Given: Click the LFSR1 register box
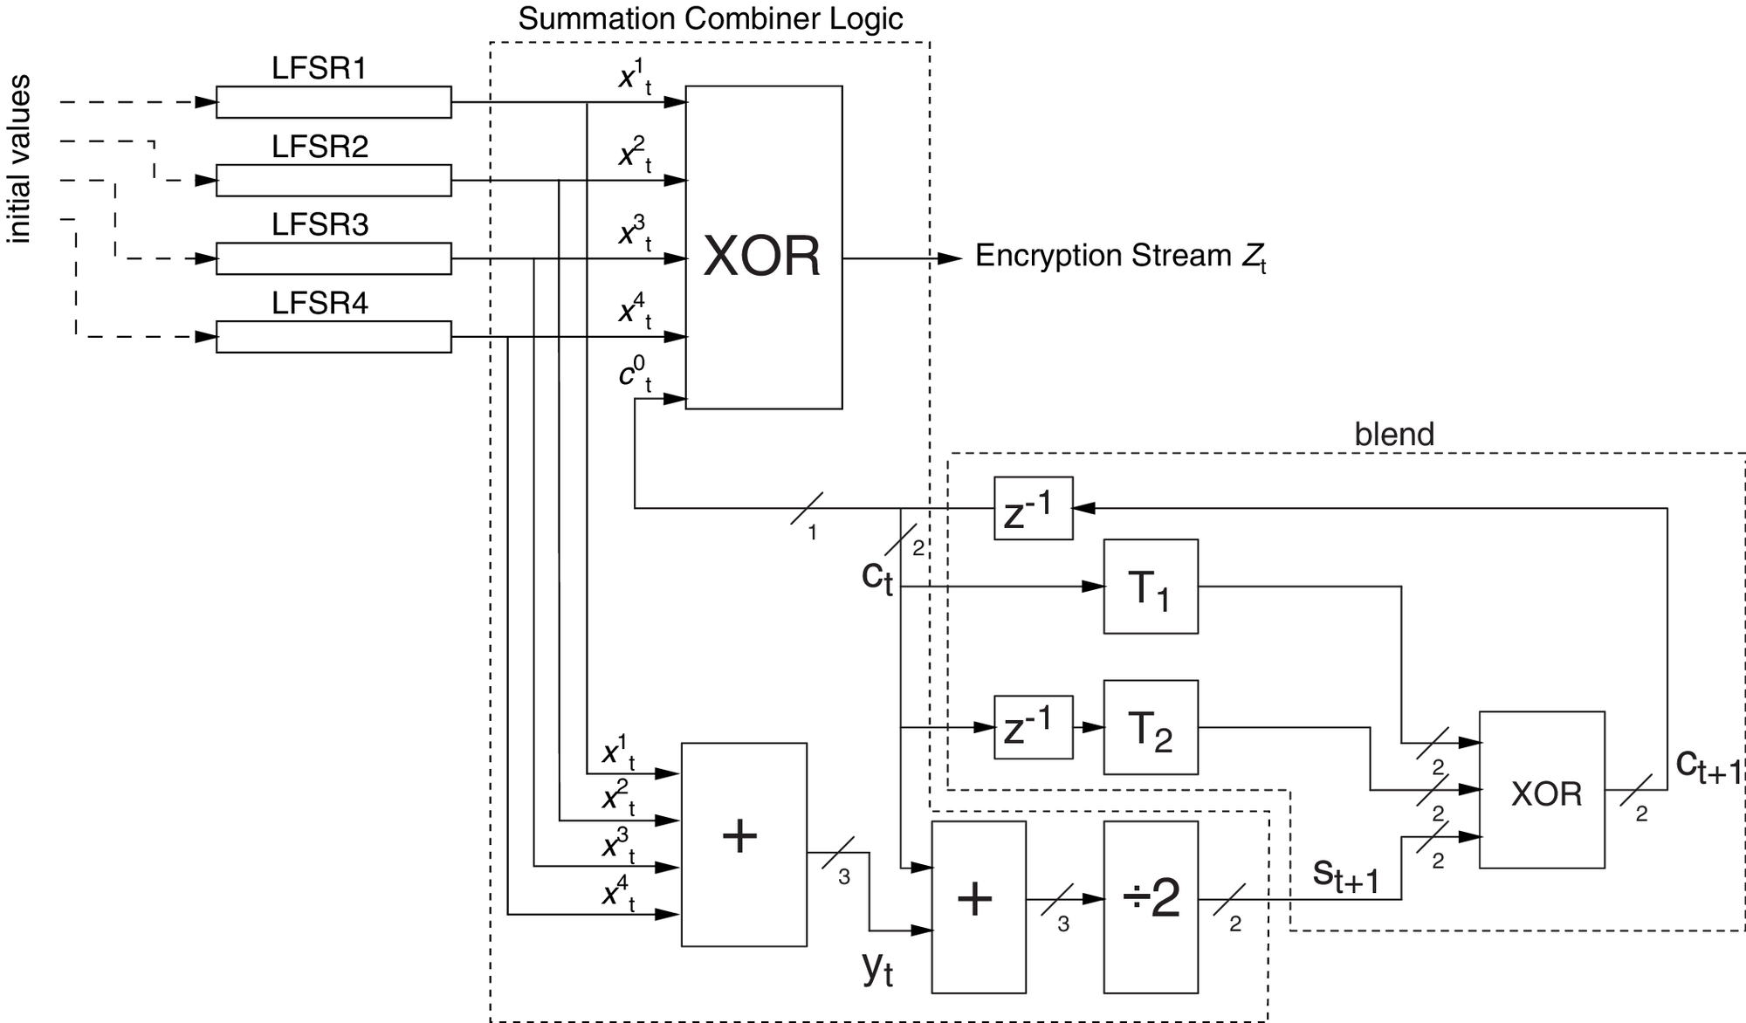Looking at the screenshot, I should click(333, 102).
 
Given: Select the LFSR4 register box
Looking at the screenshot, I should click(333, 337).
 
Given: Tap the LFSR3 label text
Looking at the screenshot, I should click(320, 225).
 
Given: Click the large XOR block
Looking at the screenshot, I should click(763, 247).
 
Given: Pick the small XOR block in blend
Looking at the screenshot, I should click(1542, 790).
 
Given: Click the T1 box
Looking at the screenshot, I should click(1150, 587).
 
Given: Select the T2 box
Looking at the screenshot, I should click(1150, 727).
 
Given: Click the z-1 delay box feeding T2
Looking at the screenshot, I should click(1033, 727).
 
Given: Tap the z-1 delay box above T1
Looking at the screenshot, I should click(1033, 508).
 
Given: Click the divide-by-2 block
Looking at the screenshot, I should click(1150, 906).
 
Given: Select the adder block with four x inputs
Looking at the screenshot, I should click(743, 844).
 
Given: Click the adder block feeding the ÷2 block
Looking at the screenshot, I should click(978, 906).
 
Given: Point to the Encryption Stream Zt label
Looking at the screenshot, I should click(1119, 257).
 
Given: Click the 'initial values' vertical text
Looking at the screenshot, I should click(19, 159).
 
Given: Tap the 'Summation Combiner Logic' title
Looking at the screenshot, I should click(710, 19).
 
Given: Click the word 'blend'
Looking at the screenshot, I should click(1393, 435).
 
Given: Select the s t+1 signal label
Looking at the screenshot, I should click(1345, 875).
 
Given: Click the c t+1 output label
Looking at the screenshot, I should click(1708, 766).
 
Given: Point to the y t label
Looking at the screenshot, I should click(877, 967).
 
